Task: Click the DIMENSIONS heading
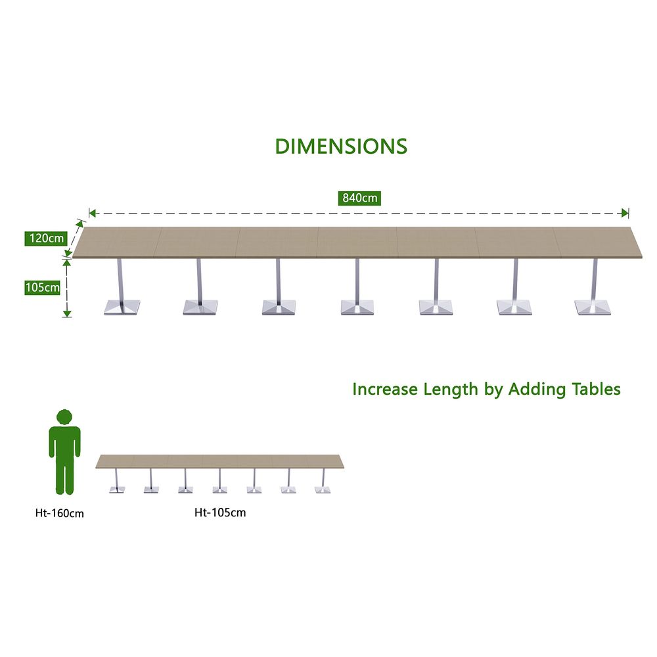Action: (341, 147)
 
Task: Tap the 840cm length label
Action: (359, 198)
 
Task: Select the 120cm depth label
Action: (46, 238)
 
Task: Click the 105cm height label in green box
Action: (42, 288)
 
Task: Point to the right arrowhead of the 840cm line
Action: (625, 214)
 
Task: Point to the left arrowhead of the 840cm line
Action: (93, 214)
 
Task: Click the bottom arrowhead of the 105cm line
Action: (67, 314)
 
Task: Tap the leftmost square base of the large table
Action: (122, 307)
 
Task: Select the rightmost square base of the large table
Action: (593, 307)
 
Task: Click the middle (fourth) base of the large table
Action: (357, 307)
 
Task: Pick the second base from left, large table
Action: (200, 307)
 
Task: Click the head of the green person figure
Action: (64, 418)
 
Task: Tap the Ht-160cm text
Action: (60, 513)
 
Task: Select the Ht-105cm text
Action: (220, 512)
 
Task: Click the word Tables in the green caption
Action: (597, 389)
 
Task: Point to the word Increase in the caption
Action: (385, 389)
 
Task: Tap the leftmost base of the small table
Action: (117, 489)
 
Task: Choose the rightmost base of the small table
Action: (323, 489)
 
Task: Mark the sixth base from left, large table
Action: (514, 307)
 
